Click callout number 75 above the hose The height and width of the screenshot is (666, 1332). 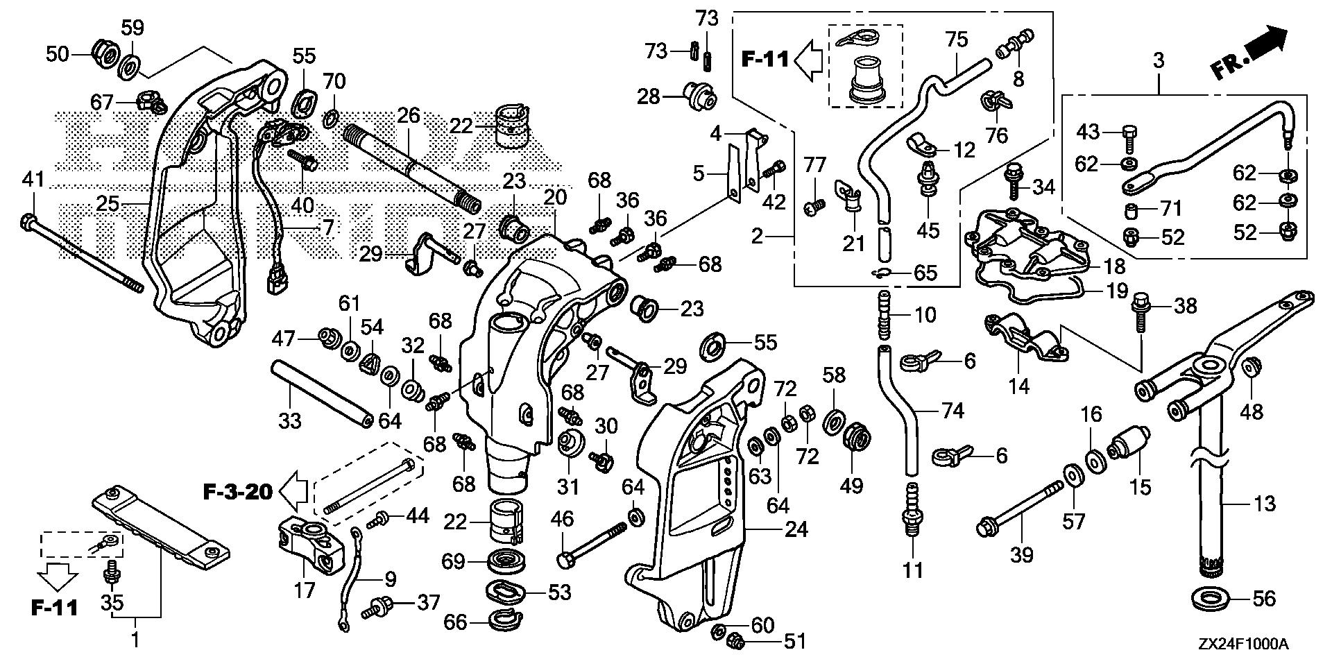point(957,40)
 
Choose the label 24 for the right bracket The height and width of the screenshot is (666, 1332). point(796,529)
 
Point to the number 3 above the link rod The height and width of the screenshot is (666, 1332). point(1159,60)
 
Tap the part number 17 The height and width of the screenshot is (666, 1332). point(305,590)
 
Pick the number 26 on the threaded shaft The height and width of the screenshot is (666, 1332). point(409,115)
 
